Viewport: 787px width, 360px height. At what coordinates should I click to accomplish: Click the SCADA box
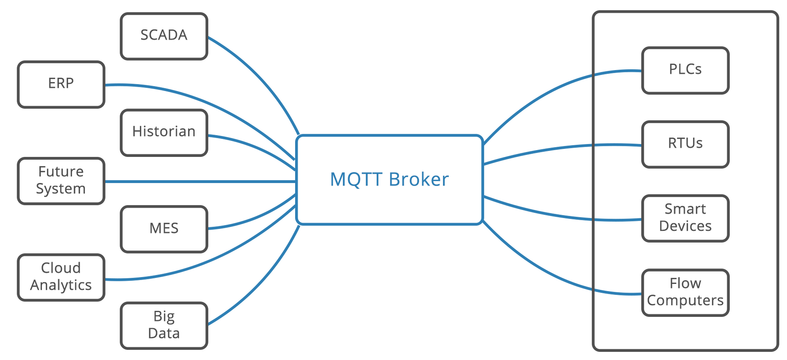point(164,36)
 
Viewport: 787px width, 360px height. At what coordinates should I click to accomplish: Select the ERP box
point(61,85)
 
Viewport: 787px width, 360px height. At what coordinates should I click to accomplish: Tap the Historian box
point(164,133)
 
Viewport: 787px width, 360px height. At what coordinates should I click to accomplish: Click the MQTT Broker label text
point(389,180)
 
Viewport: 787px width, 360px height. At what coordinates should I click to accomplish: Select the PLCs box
point(686,71)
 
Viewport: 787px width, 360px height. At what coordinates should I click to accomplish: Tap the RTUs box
point(686,145)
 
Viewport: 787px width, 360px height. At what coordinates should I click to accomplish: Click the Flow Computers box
point(686,293)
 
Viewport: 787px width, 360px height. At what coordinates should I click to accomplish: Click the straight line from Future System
point(201,182)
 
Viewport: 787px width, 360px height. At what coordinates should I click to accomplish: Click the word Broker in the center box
point(419,180)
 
